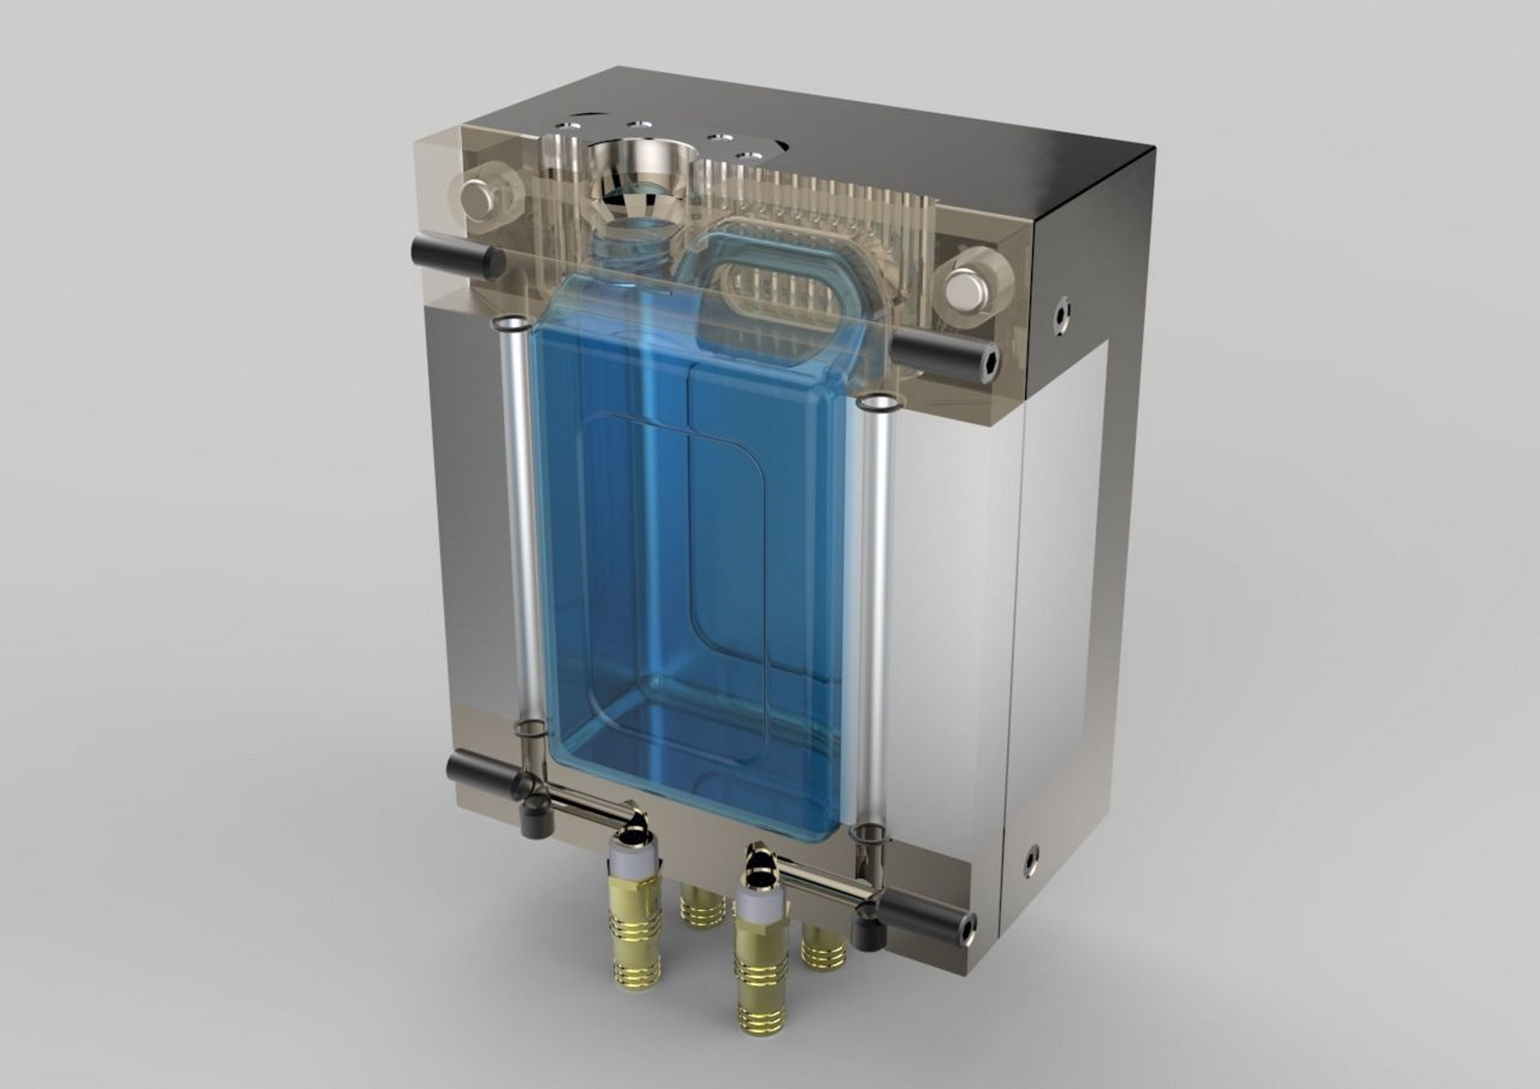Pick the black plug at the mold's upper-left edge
point(454,257)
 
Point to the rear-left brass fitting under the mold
point(703,905)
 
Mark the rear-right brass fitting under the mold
point(822,946)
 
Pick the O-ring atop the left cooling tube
point(509,324)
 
